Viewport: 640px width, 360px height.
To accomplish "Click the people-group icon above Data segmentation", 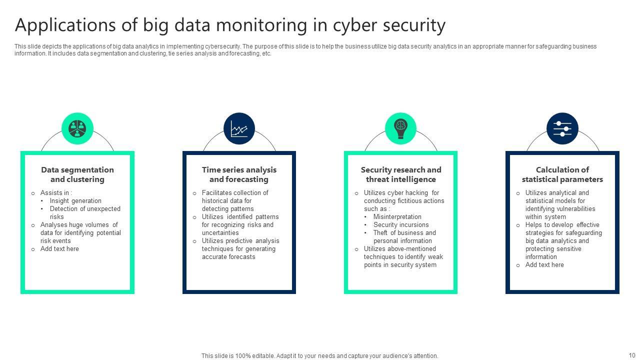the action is [x=77, y=128].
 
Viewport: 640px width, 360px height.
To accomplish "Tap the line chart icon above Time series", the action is [x=239, y=128].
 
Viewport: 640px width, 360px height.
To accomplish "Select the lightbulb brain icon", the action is [x=400, y=128].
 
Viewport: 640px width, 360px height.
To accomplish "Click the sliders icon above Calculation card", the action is [x=562, y=128].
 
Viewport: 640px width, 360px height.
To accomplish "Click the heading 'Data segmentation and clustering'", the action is [x=77, y=174].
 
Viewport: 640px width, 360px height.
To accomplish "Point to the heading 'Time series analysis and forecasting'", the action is [x=239, y=174].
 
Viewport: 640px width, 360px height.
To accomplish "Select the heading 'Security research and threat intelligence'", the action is [x=401, y=174].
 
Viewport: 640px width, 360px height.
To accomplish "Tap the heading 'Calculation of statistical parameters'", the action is [x=562, y=174].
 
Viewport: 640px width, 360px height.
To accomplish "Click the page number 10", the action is [x=632, y=355].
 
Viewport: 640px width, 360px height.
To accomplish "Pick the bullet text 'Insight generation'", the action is [x=75, y=201].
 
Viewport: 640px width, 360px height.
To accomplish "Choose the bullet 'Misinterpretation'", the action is [x=397, y=217].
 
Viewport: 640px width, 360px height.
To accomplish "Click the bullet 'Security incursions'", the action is [x=401, y=225].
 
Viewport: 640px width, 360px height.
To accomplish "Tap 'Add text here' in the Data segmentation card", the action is [x=59, y=249].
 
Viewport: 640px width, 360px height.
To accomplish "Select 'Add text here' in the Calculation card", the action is [x=544, y=265].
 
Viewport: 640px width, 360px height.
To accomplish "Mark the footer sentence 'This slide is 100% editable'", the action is [x=319, y=356].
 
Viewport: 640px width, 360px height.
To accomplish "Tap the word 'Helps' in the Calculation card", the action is [x=534, y=225].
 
